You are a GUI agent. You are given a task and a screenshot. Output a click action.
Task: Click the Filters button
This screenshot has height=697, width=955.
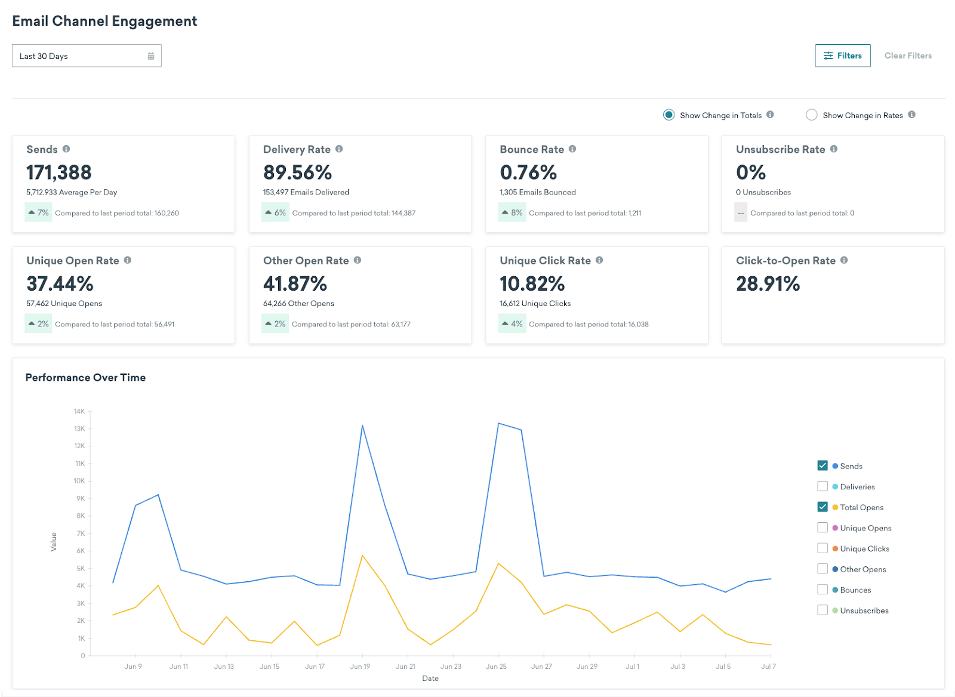point(842,55)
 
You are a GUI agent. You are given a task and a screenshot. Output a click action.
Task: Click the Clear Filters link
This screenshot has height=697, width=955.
point(907,55)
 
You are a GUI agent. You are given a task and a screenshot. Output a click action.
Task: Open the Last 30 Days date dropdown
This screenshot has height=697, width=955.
point(87,56)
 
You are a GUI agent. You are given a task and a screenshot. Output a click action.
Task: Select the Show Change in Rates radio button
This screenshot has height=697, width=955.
point(811,115)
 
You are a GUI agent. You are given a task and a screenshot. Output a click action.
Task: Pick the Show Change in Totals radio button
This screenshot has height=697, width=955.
point(668,115)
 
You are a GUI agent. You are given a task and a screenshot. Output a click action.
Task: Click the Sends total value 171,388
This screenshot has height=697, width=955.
point(58,172)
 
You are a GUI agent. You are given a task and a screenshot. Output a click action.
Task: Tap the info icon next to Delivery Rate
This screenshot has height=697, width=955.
point(339,149)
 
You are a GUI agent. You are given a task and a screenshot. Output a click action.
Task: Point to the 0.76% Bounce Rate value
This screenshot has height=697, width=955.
point(528,172)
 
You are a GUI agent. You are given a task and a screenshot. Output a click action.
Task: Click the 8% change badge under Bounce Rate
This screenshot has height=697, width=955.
point(512,212)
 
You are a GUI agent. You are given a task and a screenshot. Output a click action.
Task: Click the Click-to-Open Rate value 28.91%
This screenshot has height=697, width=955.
point(768,283)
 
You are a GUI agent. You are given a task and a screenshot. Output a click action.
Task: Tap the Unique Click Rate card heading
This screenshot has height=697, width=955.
point(545,261)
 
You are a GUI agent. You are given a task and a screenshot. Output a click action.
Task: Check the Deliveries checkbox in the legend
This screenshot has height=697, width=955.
point(822,486)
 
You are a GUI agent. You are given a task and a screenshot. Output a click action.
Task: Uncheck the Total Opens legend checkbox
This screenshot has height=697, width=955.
point(822,507)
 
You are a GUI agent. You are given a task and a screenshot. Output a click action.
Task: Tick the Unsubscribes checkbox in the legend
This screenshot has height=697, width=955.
point(822,610)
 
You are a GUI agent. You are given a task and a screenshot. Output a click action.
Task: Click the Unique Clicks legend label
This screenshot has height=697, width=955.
point(864,548)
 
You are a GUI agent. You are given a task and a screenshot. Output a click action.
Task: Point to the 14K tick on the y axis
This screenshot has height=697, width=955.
point(79,411)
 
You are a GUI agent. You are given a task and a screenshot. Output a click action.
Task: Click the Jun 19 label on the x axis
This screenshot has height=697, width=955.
point(360,667)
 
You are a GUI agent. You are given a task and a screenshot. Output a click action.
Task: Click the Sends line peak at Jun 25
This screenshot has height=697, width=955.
point(498,423)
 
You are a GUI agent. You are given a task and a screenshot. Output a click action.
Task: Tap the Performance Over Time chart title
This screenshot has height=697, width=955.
point(85,378)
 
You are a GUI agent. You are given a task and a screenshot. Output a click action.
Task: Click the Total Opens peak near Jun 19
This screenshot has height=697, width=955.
point(362,556)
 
